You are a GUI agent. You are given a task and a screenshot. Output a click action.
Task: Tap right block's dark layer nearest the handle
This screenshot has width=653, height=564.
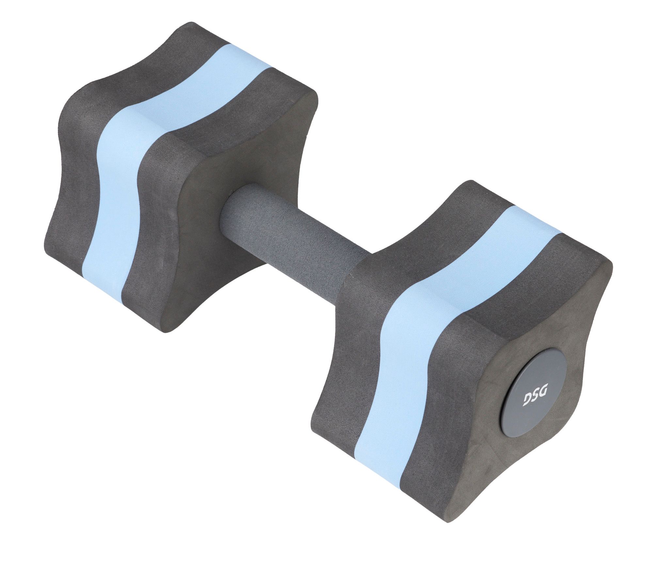click(x=346, y=359)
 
